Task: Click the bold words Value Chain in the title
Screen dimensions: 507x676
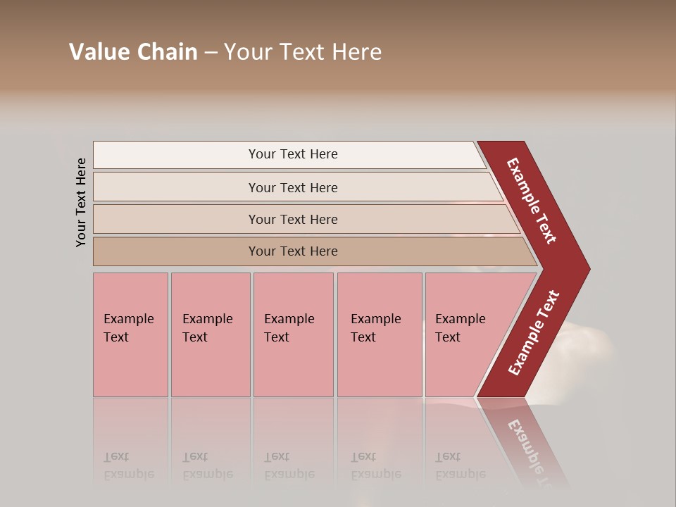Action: [x=133, y=52]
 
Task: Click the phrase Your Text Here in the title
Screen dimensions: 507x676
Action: [x=303, y=52]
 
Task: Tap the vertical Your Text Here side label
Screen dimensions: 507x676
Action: [x=81, y=202]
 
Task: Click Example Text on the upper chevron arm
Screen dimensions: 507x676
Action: [x=532, y=201]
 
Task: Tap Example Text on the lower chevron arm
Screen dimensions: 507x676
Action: [x=533, y=333]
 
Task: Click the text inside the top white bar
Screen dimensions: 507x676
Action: [x=293, y=154]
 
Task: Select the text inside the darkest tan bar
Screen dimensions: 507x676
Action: [x=293, y=251]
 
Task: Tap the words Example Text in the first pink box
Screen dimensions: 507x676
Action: [x=128, y=328]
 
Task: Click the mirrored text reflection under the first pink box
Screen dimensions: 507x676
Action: [x=128, y=465]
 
